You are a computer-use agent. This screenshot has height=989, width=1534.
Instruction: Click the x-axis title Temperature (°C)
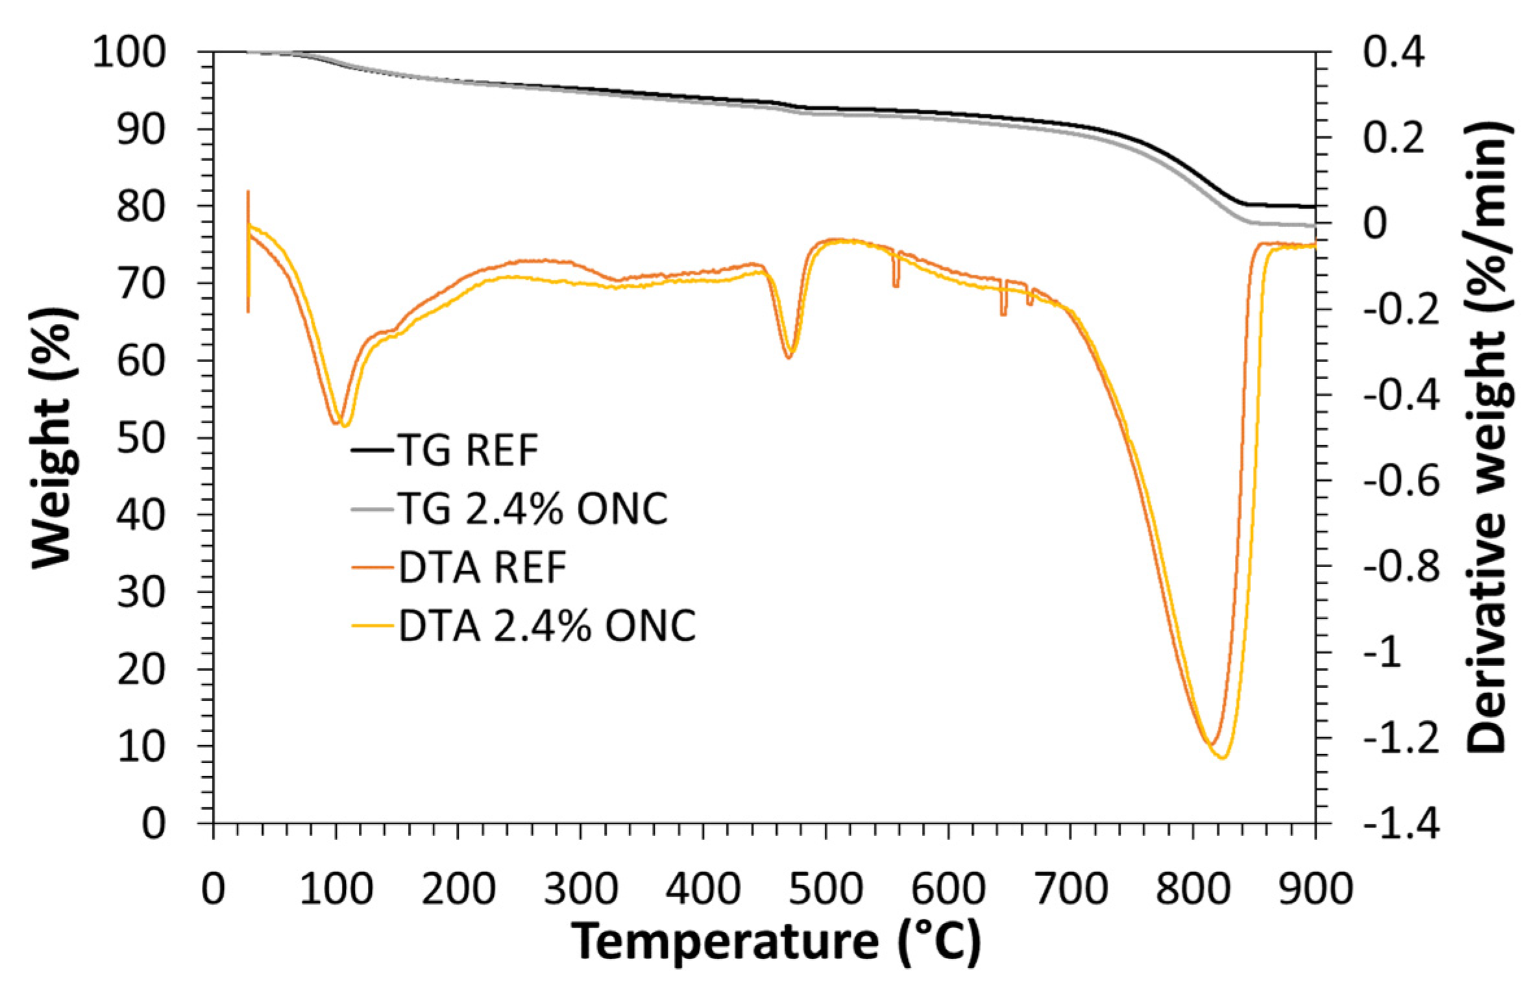776,942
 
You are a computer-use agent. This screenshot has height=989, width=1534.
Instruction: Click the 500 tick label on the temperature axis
825,888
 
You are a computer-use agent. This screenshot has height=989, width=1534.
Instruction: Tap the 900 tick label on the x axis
1315,888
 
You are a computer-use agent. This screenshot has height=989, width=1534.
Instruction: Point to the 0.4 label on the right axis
1394,53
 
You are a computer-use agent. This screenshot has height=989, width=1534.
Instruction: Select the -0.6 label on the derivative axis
1402,481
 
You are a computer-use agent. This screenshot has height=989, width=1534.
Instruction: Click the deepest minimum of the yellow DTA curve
1223,757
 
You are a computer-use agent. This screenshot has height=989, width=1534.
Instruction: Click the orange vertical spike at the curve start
248,253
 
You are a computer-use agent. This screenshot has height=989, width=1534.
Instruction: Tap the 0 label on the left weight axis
154,824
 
